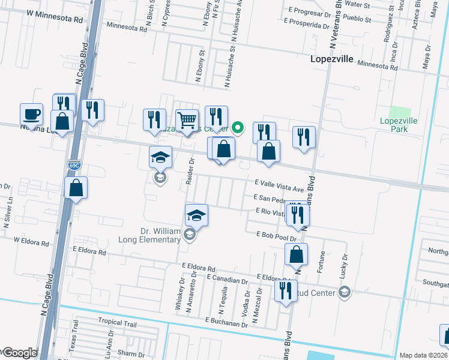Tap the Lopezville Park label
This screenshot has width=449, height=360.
[x=398, y=125]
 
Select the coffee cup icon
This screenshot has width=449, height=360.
[x=31, y=113]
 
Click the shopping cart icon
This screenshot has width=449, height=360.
[x=187, y=119]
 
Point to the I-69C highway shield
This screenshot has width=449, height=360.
[x=74, y=165]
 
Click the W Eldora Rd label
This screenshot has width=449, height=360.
[x=31, y=241]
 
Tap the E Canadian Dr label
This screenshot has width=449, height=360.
[x=227, y=280]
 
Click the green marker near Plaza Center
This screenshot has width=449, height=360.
[x=238, y=127]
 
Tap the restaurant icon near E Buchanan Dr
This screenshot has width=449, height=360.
[x=285, y=290]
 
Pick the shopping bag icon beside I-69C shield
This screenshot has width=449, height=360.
[x=76, y=187]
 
